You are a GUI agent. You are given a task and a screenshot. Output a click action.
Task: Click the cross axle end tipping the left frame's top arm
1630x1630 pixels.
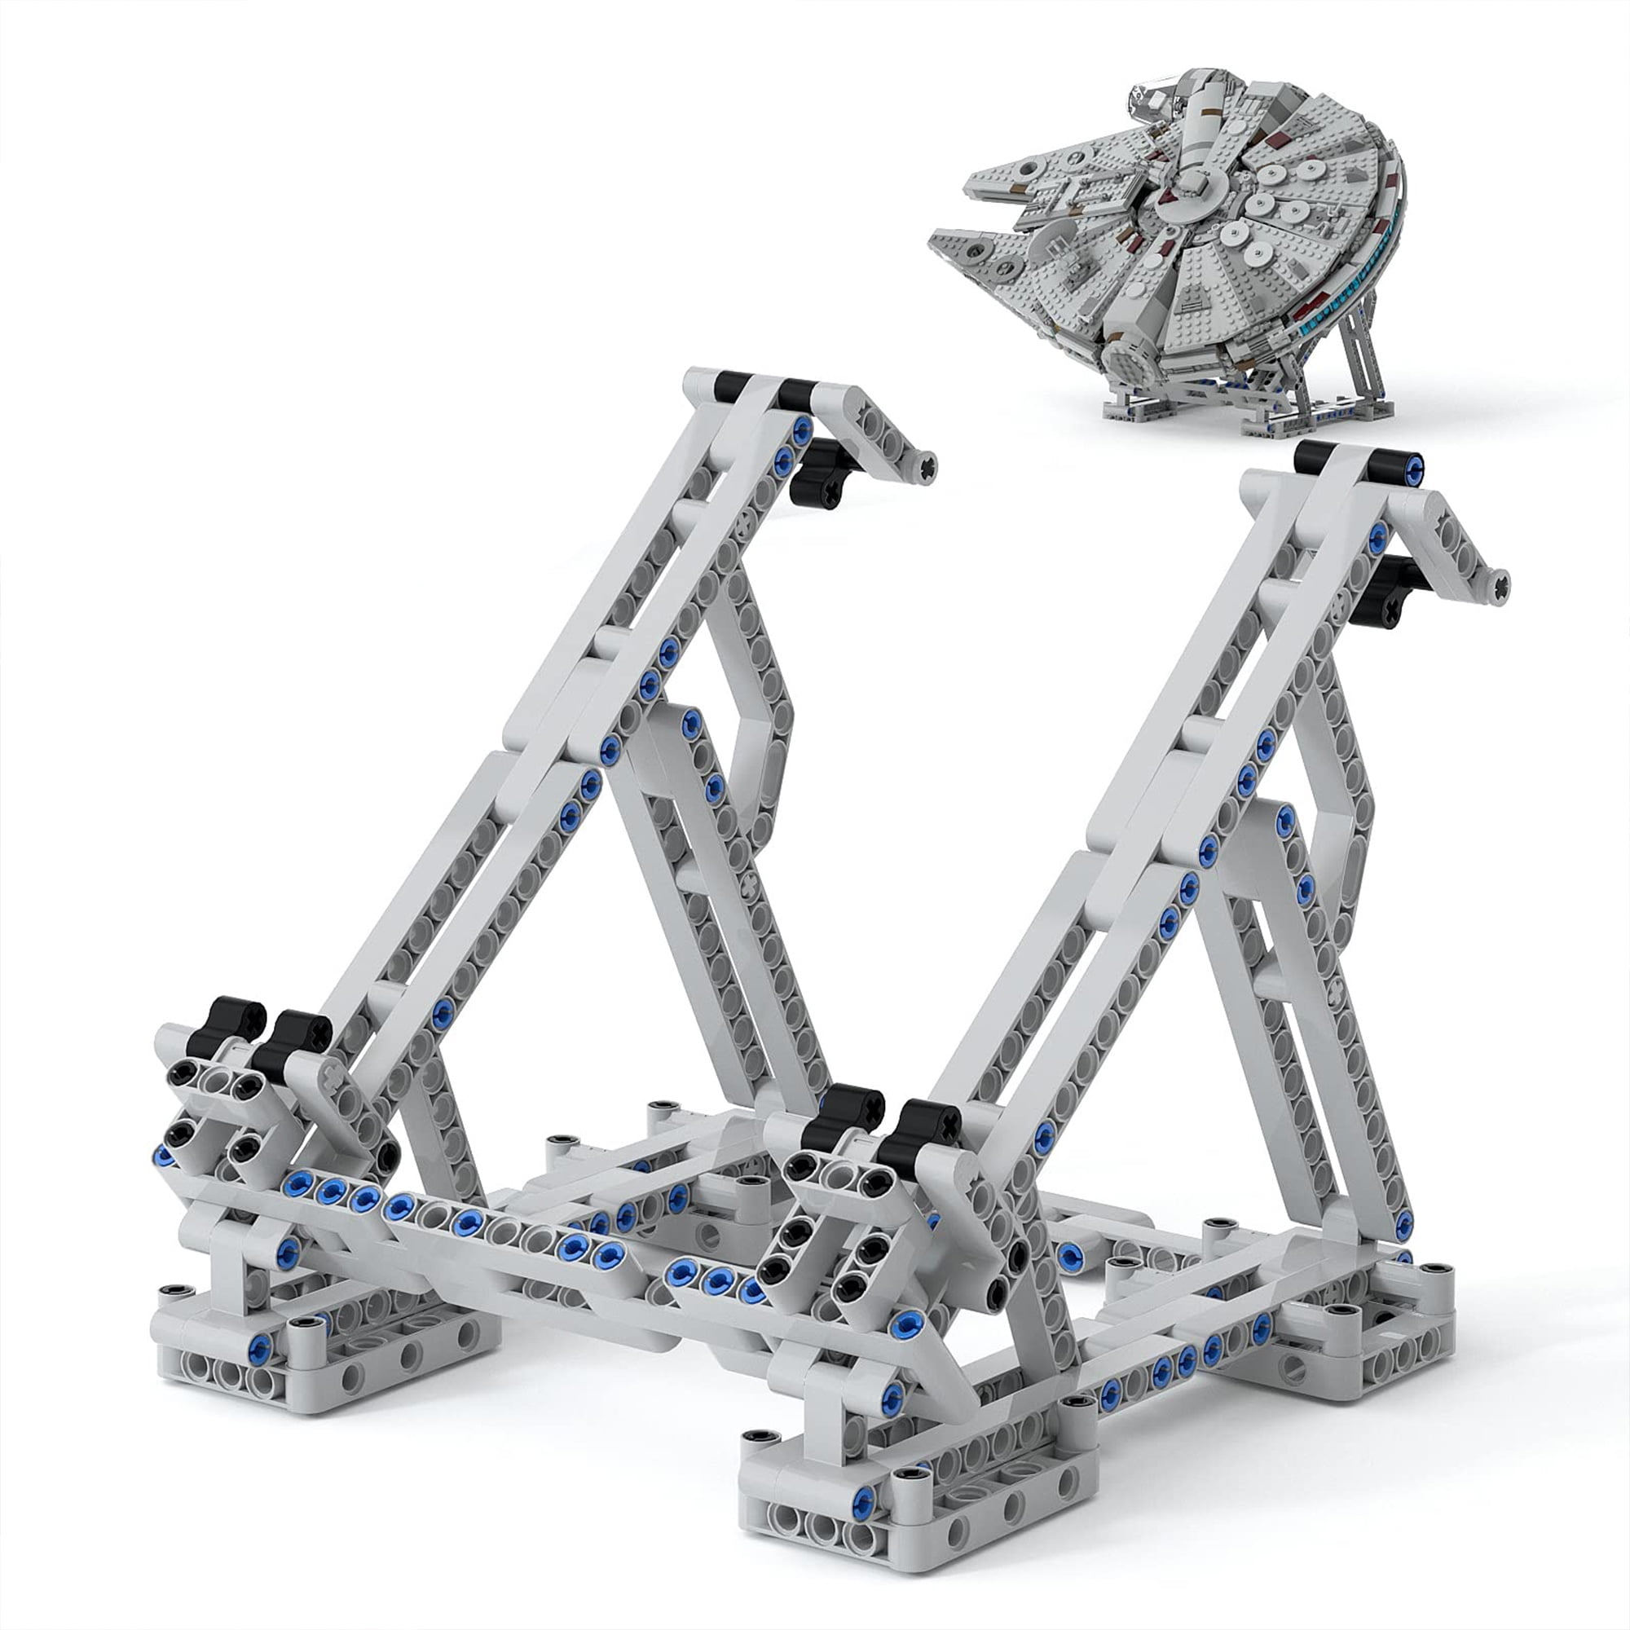927,466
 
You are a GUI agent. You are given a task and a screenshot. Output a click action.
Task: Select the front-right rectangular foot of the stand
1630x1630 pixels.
911,1497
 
